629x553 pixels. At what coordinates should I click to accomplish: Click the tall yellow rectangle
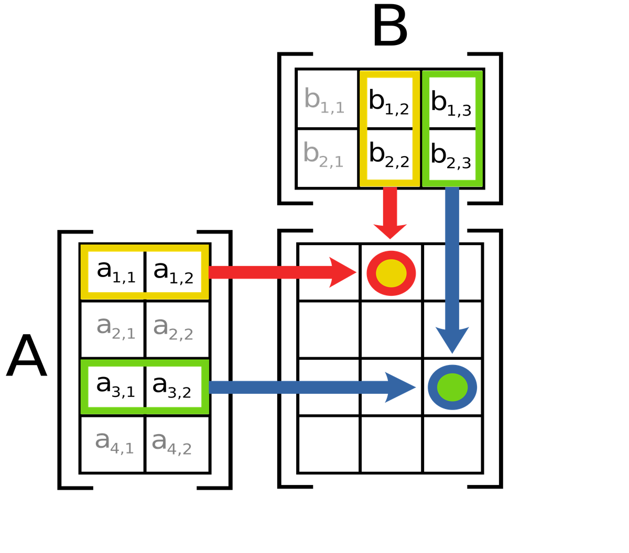pyautogui.click(x=389, y=129)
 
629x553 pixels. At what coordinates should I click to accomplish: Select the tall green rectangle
pyautogui.click(x=452, y=129)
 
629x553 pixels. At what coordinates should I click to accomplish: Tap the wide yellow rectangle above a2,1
pyautogui.click(x=145, y=272)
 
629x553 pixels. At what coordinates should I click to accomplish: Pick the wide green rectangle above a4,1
pyautogui.click(x=145, y=387)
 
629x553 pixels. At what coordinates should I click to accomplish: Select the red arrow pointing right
pyautogui.click(x=278, y=272)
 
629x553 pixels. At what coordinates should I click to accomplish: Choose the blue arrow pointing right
pyautogui.click(x=304, y=388)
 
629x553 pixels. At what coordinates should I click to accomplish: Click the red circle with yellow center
pyautogui.click(x=391, y=273)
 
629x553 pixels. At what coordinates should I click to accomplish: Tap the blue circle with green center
pyautogui.click(x=452, y=388)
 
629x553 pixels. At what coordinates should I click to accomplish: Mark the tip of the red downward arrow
pyautogui.click(x=390, y=239)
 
